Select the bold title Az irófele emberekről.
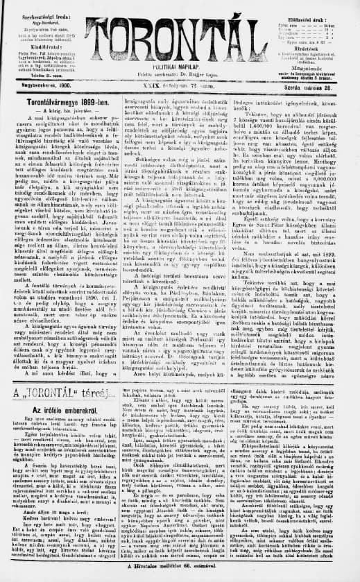pyautogui.click(x=53, y=410)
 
